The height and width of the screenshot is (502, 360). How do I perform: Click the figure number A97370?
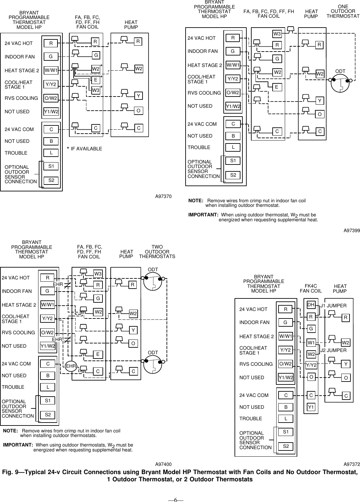point(163,196)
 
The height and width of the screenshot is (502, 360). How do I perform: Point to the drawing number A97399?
point(352,231)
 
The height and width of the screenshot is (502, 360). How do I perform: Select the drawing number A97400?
point(163,464)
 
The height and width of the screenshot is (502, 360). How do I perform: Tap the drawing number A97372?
point(352,464)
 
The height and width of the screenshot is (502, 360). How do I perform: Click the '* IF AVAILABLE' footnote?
point(84,149)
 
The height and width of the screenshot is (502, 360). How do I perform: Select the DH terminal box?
point(311,305)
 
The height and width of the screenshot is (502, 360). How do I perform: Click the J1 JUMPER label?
point(333,306)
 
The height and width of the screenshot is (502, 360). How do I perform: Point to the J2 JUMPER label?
point(333,350)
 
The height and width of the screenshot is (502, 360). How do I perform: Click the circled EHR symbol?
point(71,366)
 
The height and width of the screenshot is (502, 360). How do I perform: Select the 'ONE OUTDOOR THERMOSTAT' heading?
point(343,11)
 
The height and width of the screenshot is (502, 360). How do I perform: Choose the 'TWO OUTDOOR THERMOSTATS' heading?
point(157,251)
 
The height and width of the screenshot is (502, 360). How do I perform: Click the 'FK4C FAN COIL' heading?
point(311,288)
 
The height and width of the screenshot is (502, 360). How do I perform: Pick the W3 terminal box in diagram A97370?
point(96,90)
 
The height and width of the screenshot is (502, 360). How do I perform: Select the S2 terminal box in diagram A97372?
point(286,446)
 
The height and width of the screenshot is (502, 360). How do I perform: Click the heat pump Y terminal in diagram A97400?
point(133,330)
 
